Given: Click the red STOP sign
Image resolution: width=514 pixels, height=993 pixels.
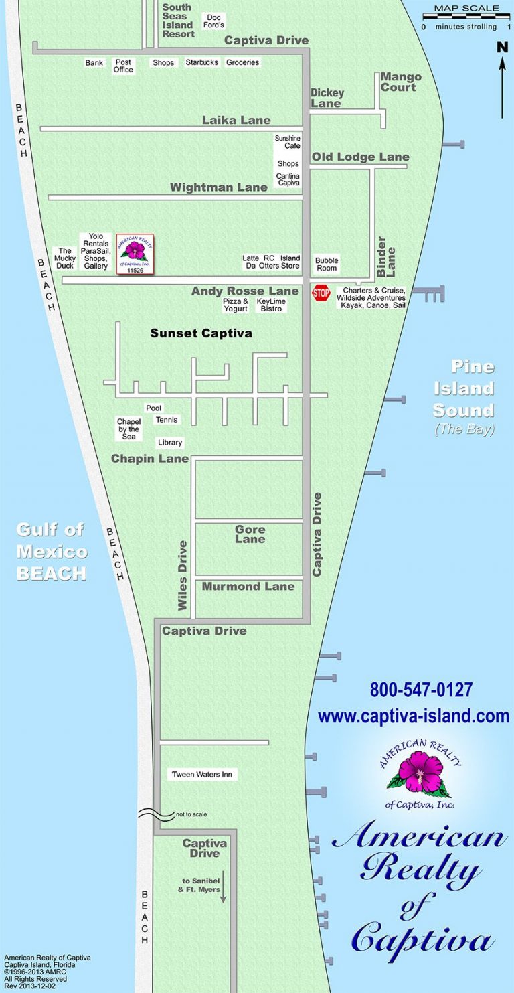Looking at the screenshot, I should (x=321, y=293).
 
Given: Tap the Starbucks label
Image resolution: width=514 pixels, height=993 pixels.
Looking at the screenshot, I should (x=201, y=62).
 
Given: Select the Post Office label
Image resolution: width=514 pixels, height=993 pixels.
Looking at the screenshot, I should (x=123, y=66).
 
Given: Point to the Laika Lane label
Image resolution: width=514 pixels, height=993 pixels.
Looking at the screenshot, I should (x=236, y=121).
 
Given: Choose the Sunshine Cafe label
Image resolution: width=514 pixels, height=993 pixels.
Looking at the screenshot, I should (x=288, y=142).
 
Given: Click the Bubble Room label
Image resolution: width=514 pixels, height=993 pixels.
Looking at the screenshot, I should (x=327, y=264).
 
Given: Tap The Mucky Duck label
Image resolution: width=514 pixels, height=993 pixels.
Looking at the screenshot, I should (x=65, y=258).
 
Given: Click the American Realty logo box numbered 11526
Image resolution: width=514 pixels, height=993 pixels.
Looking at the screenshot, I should (x=135, y=254).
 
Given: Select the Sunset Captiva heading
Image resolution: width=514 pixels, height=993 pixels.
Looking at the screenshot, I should (x=201, y=333).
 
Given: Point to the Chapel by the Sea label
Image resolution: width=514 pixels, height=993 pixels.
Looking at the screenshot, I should (x=128, y=429).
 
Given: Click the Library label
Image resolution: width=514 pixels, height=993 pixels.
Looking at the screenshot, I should (x=170, y=443).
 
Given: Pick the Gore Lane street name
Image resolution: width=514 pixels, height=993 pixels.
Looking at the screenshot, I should (x=250, y=534).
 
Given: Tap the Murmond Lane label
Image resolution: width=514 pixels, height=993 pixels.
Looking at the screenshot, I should (x=248, y=587).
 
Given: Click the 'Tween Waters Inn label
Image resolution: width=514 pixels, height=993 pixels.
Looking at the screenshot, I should (x=202, y=775).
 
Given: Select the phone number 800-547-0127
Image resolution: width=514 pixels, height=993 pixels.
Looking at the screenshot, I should (x=421, y=690).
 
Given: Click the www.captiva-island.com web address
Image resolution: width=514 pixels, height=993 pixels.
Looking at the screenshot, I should (x=414, y=716).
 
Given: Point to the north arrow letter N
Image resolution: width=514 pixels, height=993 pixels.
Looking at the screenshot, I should (x=502, y=47).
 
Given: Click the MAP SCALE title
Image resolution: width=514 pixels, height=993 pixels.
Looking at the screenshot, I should (x=466, y=9).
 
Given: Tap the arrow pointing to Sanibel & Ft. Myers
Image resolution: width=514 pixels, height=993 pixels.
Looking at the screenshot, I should (x=224, y=886).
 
